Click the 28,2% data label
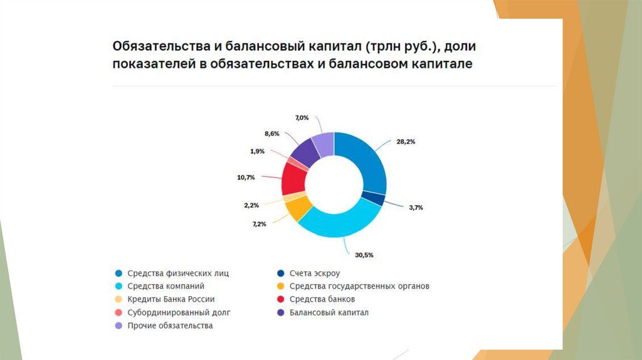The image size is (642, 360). point(406,142)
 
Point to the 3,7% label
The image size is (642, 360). point(415,207)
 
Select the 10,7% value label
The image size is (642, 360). point(246,177)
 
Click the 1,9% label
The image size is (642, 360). point(257,151)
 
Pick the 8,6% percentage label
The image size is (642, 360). point(272,134)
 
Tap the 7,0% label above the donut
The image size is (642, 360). point(302,118)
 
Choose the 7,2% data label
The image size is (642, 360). point(260,223)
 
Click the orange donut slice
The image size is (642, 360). point(299,208)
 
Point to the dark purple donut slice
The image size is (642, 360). point(305,150)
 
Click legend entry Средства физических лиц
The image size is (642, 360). point(178,273)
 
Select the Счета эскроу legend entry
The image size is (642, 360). point(313,273)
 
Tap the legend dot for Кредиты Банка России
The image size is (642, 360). point(118,299)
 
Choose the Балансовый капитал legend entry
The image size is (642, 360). point(329,312)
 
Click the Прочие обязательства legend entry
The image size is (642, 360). point(170,326)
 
